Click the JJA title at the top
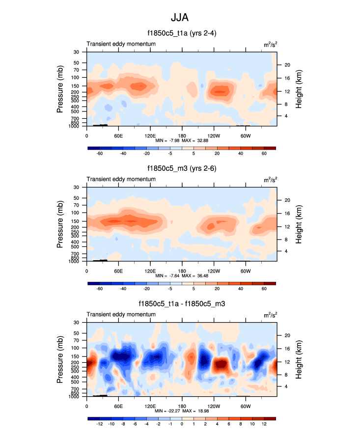pyautogui.click(x=180, y=17)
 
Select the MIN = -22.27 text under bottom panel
pyautogui.click(x=165, y=411)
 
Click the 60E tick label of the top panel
pyautogui.click(x=118, y=136)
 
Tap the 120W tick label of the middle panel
pyautogui.click(x=214, y=271)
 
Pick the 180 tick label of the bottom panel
pyautogui.click(x=182, y=406)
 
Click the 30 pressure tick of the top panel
pyautogui.click(x=77, y=52)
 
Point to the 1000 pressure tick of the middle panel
pyautogui.click(x=74, y=262)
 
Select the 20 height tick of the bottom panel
pyautogui.click(x=287, y=335)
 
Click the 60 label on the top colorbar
pyautogui.click(x=264, y=154)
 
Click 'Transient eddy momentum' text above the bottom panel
pyautogui.click(x=121, y=315)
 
